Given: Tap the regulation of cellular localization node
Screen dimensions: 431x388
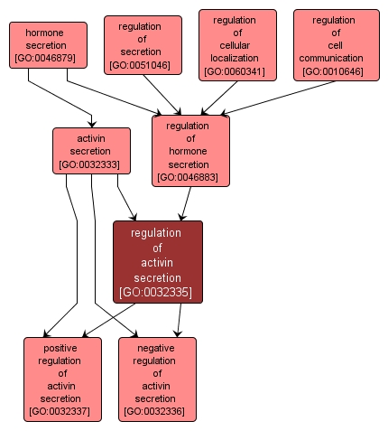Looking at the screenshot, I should pos(234,45).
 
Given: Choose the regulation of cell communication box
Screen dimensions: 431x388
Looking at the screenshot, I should pos(333,45).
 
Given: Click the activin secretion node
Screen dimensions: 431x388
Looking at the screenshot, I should pos(92,150).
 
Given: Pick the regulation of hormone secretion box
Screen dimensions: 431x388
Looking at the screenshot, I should pos(190,150).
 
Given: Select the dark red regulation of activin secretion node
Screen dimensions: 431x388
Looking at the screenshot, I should pos(157,262).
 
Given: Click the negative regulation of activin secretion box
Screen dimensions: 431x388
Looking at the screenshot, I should pos(157,379).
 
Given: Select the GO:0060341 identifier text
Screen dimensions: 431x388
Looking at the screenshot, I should pos(234,71).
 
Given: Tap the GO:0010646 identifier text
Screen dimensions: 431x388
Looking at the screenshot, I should pos(333,71).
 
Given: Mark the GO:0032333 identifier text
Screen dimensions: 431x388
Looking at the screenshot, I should pos(92,164).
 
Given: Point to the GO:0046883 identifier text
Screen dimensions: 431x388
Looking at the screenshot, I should pos(190,178).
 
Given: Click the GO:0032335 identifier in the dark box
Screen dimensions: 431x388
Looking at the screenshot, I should pos(157,292).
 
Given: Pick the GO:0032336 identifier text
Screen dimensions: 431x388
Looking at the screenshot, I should pos(157,412).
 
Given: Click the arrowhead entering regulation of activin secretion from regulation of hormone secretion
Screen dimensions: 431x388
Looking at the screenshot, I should pos(182,217).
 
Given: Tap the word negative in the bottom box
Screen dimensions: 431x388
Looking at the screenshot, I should pos(157,348).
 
